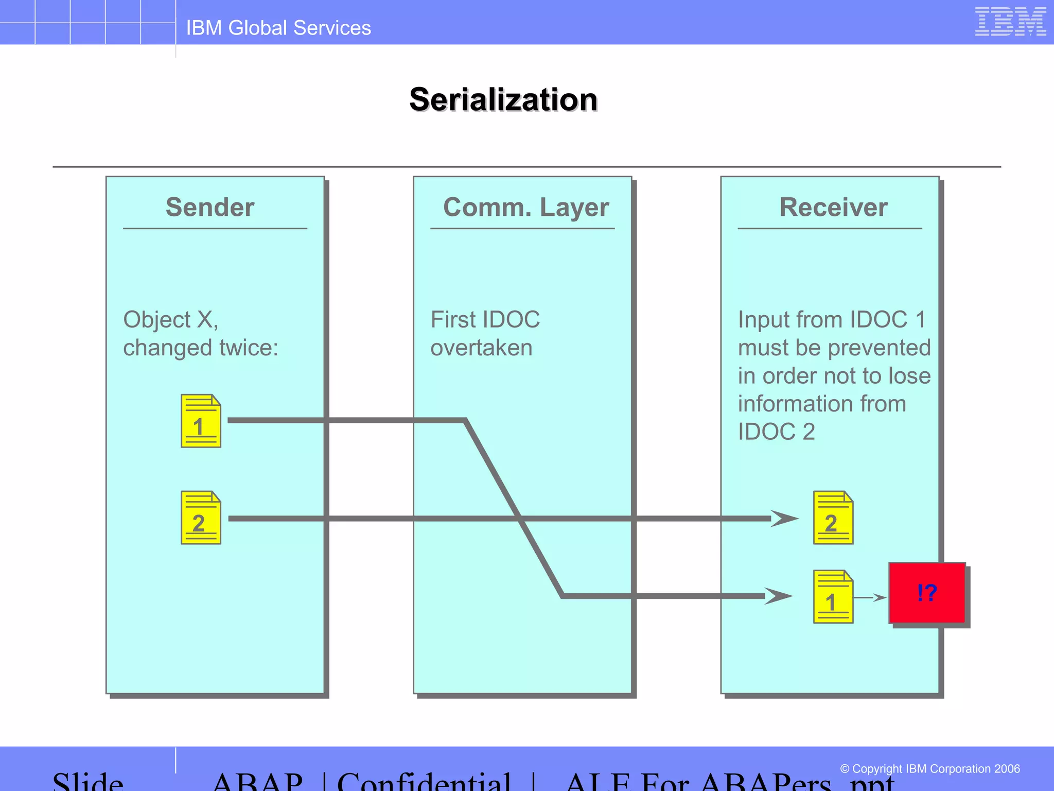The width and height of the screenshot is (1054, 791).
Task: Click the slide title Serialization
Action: (503, 99)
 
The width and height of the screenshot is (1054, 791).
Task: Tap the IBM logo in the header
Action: (1010, 22)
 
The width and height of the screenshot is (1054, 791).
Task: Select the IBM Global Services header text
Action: (278, 28)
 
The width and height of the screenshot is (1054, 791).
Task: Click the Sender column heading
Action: (210, 207)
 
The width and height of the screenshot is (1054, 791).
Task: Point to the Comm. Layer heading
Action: (525, 207)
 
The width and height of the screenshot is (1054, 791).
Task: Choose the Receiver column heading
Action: (833, 207)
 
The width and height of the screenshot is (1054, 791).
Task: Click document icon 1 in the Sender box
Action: (201, 421)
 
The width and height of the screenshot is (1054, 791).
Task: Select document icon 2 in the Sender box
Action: (201, 518)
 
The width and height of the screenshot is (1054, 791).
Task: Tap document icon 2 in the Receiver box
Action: (833, 518)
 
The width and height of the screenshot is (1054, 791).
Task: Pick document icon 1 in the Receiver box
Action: (833, 597)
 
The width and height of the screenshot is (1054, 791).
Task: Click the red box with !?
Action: (927, 593)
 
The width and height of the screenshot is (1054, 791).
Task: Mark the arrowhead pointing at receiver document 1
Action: (778, 596)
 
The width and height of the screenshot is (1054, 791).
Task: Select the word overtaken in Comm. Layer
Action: (481, 348)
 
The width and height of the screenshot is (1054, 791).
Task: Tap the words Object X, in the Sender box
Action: (170, 320)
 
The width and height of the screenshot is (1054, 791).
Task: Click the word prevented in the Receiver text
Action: (880, 348)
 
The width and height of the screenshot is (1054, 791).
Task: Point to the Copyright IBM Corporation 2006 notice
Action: (929, 769)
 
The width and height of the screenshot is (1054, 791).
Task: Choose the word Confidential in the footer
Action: (424, 782)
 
